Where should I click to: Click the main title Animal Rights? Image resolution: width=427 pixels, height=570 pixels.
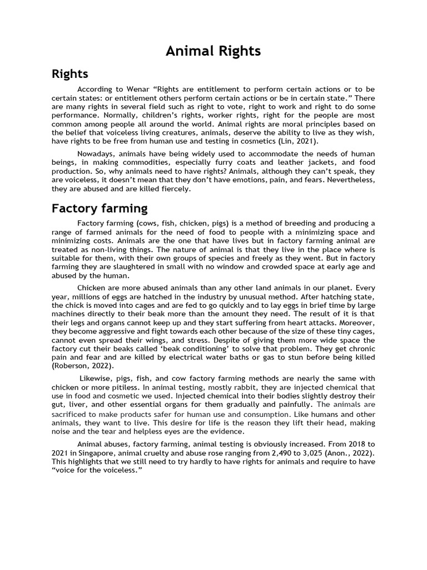(213, 51)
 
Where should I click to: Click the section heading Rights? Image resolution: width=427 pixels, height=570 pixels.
(69, 74)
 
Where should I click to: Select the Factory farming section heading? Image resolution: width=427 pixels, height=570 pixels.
(100, 209)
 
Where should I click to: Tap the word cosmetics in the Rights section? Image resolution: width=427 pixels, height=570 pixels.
(269, 141)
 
